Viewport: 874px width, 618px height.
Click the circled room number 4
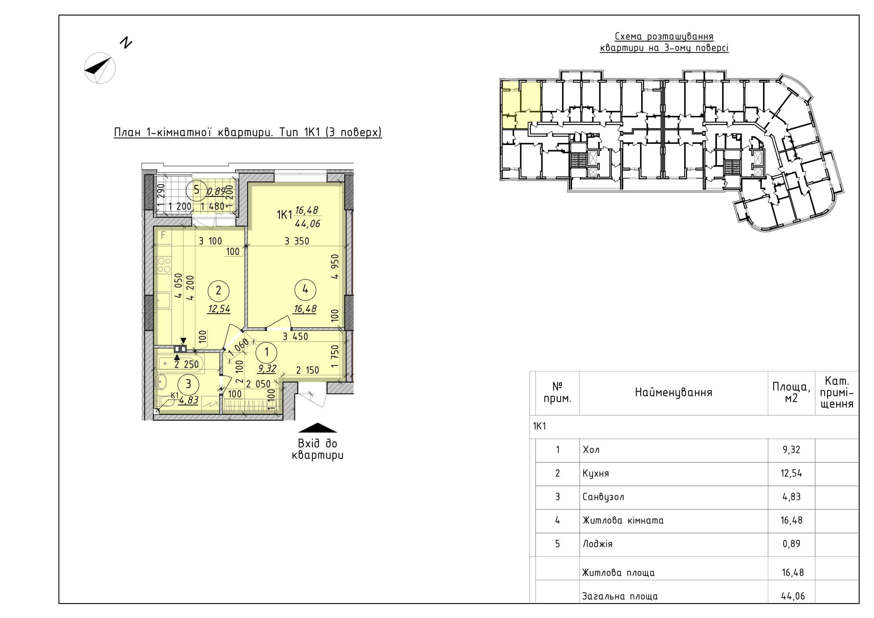pyautogui.click(x=305, y=290)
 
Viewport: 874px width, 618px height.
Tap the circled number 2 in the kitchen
pyautogui.click(x=219, y=291)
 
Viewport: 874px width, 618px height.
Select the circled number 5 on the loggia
pyautogui.click(x=197, y=189)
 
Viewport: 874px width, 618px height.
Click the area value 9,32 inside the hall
pyautogui.click(x=267, y=368)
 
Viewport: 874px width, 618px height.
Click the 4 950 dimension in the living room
pyautogui.click(x=334, y=266)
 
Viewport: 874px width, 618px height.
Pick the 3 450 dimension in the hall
pyautogui.click(x=296, y=336)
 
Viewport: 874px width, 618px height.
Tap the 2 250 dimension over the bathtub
pyautogui.click(x=186, y=364)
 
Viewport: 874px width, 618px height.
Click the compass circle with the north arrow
pyautogui.click(x=100, y=68)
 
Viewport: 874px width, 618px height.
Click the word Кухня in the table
pyautogui.click(x=596, y=473)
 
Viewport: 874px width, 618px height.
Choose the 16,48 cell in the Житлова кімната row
pyautogui.click(x=791, y=520)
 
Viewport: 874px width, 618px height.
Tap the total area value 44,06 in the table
pyautogui.click(x=793, y=596)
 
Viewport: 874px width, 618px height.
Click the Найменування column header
pyautogui.click(x=673, y=393)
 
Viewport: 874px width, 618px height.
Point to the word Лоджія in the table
pyautogui.click(x=597, y=544)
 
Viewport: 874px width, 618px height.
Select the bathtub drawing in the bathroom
pyautogui.click(x=180, y=364)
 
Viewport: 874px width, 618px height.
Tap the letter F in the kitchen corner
pyautogui.click(x=163, y=235)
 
